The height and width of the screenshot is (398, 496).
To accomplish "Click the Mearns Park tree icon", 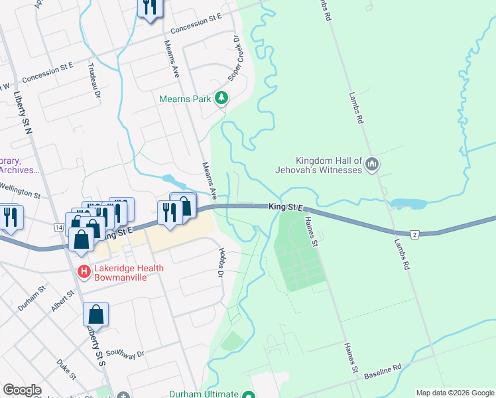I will pos(221,99).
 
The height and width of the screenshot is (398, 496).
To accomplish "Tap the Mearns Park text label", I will pos(185,99).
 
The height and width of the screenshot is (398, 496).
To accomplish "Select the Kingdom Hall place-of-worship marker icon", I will pos(372,164).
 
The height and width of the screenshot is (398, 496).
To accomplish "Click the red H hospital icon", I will pos(84,271).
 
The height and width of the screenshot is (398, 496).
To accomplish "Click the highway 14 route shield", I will pos(59,228).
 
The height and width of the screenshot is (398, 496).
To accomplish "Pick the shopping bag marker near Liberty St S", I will pos(95,316).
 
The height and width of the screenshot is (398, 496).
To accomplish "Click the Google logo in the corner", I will pos(22,390).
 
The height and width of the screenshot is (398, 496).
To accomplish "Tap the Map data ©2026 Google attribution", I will pos(454,393).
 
